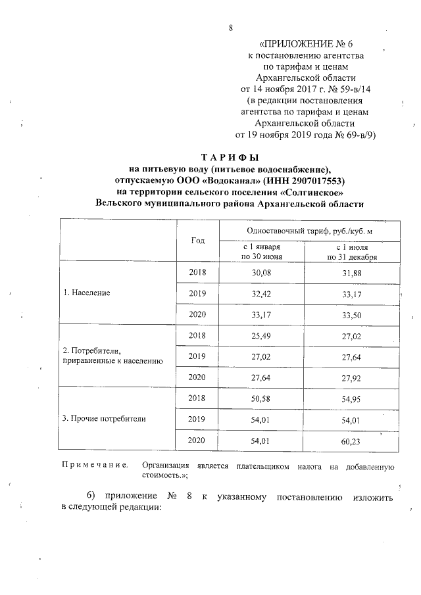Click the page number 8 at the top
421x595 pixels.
[230, 28]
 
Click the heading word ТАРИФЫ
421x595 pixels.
[230, 157]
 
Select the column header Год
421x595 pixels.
[198, 241]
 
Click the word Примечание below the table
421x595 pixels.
[95, 466]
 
